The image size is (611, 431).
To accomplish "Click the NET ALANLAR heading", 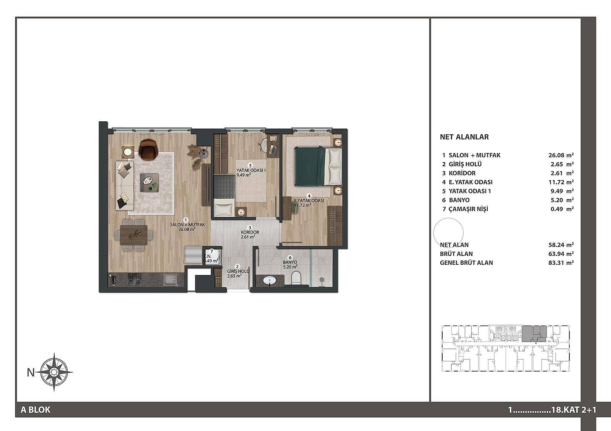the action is [x=464, y=137].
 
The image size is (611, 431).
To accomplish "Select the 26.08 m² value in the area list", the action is [x=561, y=155].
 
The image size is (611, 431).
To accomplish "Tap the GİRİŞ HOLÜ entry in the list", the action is [x=465, y=164].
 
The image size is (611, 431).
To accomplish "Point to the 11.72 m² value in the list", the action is [x=561, y=182].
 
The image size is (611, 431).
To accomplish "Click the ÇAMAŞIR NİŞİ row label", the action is [x=469, y=209].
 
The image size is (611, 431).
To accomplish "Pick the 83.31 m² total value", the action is [x=561, y=263].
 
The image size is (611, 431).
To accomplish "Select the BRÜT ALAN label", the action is [x=456, y=254].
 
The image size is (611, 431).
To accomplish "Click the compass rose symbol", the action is [x=54, y=372].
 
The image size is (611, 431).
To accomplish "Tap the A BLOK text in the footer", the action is [x=36, y=410].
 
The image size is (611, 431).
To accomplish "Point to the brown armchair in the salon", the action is [x=149, y=149].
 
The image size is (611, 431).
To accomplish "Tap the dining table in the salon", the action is [x=134, y=235].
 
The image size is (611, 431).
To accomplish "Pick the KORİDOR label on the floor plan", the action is [x=250, y=232].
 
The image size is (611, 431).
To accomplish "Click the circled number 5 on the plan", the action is [x=250, y=166].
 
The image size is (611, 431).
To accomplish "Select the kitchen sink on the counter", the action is [x=170, y=280].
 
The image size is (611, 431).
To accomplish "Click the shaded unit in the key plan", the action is [x=534, y=334].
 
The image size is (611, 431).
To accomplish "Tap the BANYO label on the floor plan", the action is [x=290, y=262].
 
